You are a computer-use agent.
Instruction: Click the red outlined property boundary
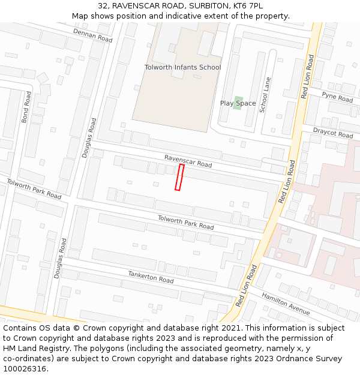[179, 178]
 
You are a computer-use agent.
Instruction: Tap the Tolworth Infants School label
[182, 67]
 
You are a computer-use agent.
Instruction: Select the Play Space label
[238, 103]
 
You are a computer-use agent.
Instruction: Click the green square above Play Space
[238, 99]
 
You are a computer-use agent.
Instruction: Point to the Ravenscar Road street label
[188, 160]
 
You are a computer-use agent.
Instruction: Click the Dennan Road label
[93, 35]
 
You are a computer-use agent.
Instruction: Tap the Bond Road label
[26, 107]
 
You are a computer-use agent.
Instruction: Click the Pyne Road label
[337, 96]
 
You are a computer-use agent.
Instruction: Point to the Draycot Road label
[333, 133]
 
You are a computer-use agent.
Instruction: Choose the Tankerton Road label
[151, 277]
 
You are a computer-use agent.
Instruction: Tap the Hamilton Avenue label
[286, 304]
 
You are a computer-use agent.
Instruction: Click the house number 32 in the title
[102, 5]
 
